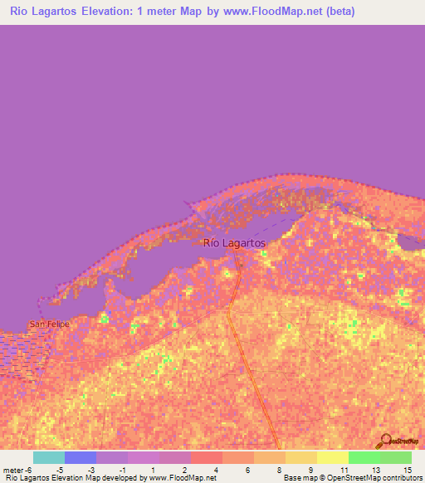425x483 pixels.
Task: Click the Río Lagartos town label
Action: [x=234, y=243]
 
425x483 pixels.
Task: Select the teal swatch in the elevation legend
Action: [x=49, y=457]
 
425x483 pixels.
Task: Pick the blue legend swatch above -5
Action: [x=81, y=457]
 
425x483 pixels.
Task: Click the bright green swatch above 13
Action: [x=364, y=457]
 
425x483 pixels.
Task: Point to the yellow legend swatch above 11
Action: [x=333, y=457]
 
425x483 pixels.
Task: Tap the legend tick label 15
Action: [x=407, y=469]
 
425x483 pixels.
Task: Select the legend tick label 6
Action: [x=248, y=469]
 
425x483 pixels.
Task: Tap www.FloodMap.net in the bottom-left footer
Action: [x=177, y=478]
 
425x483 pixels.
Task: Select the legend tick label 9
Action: [x=311, y=469]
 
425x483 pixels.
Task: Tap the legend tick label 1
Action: [x=154, y=469]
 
